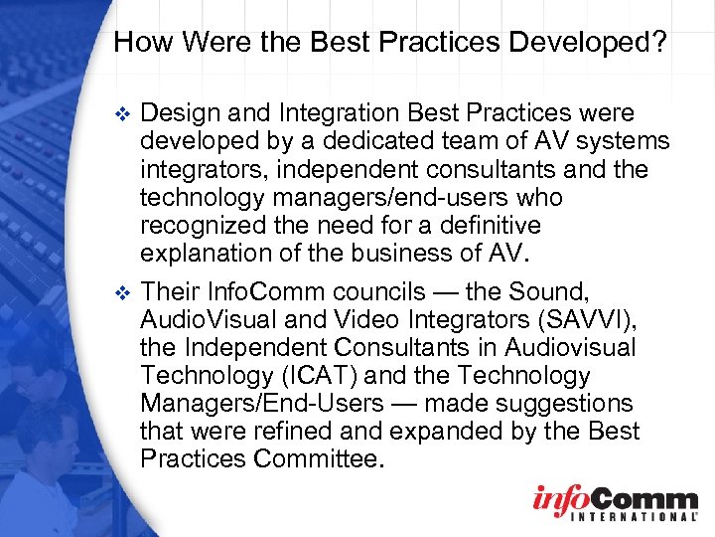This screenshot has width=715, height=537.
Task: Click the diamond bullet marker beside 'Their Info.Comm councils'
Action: click(123, 294)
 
